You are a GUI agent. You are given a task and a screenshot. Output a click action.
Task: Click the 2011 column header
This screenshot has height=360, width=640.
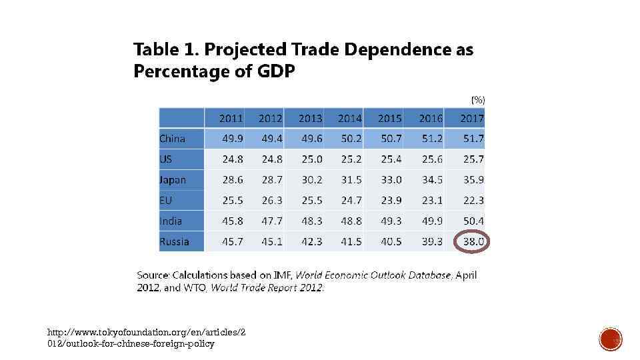[231, 118]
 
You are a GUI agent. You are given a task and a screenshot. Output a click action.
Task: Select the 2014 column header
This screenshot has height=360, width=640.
[350, 118]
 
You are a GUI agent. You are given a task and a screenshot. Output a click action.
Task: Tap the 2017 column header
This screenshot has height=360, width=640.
[472, 118]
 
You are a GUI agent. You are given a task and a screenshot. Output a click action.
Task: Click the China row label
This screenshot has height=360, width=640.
[172, 139]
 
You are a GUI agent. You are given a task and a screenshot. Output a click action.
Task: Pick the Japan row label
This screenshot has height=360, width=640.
[173, 180]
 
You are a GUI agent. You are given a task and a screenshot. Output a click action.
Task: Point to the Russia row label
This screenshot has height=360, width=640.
[174, 241]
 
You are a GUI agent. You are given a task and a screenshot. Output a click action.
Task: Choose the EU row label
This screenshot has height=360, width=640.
[166, 200]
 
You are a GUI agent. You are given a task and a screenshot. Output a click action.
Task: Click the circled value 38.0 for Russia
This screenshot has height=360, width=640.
[473, 241]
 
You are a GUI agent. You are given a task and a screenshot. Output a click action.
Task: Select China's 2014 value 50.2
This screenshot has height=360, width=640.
[351, 139]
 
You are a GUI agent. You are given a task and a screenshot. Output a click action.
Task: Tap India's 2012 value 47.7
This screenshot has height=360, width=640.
[271, 221]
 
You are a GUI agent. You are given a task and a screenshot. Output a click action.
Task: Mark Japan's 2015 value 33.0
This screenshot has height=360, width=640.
[391, 180]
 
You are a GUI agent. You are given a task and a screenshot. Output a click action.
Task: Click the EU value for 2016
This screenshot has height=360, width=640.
[431, 200]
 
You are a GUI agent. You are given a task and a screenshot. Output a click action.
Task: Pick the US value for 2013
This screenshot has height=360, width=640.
[311, 159]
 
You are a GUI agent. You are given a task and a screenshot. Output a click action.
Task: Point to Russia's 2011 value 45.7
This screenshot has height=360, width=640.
[232, 241]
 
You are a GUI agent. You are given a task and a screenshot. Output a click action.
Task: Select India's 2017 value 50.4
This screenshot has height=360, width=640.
[473, 221]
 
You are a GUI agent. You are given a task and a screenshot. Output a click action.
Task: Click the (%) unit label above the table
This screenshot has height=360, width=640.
[478, 99]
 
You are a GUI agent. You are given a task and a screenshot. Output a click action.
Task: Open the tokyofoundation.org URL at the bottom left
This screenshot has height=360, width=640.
[146, 338]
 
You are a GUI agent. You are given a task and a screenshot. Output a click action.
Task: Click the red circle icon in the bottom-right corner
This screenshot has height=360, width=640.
[610, 339]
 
